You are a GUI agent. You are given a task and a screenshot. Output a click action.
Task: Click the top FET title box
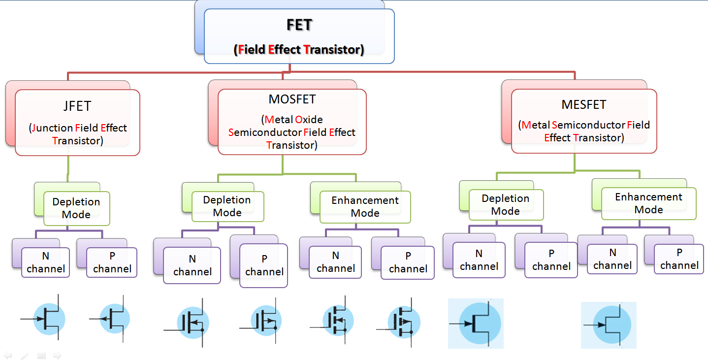point(299,36)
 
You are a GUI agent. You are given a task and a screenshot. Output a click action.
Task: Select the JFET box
point(78,122)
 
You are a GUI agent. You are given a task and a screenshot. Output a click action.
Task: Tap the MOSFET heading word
point(292,99)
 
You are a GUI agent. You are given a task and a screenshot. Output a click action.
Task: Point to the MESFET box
point(584,121)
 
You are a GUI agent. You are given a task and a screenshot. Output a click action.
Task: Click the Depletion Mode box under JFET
point(76,208)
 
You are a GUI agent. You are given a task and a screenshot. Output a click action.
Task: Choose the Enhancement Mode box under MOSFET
point(365,207)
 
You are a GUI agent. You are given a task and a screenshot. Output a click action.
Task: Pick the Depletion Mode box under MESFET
point(506,205)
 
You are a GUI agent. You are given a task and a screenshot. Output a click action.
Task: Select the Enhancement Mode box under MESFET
point(648,203)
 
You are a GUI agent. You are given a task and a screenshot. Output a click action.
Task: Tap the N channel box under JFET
point(46,262)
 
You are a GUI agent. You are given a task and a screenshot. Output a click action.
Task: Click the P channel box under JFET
point(112,262)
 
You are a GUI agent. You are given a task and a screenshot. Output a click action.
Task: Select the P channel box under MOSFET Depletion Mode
point(264,265)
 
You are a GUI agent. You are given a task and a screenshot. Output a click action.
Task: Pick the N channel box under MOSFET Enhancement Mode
point(335,262)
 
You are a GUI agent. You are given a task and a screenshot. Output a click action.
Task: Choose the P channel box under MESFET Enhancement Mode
point(679,259)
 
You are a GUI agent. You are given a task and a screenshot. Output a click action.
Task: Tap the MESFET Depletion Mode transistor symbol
point(476,324)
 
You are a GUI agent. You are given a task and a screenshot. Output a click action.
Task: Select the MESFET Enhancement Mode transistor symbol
point(609,325)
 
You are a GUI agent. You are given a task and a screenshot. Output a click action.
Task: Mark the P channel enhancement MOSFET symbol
point(404,322)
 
